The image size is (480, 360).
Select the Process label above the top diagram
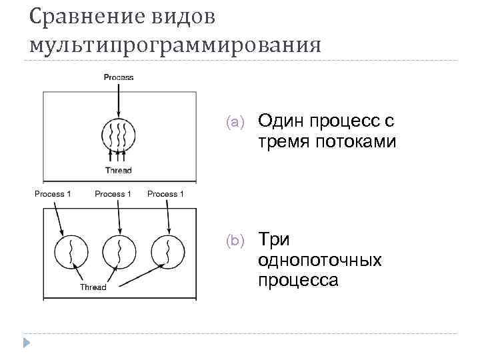point(119,77)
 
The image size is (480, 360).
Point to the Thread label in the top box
point(119,171)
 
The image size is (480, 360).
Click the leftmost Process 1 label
point(54,194)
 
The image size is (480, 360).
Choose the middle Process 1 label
point(113,194)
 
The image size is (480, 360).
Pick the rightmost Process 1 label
point(165,194)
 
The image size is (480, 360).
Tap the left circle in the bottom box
point(71,252)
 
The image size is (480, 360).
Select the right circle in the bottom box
point(167,252)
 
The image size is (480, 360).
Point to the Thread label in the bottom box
point(93,288)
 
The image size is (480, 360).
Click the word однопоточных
point(320,259)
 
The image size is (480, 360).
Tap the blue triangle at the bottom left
point(27,343)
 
